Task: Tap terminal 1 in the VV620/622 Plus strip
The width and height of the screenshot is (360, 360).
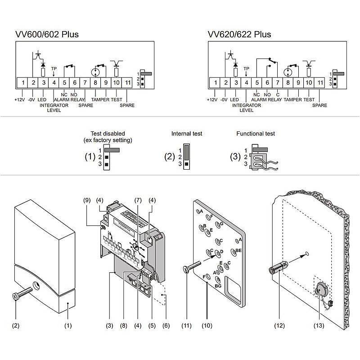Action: tap(215, 83)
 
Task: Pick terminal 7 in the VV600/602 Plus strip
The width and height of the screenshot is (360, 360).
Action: tap(85, 83)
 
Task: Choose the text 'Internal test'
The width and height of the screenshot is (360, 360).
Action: tap(186, 134)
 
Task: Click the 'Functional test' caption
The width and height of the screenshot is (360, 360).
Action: tap(255, 134)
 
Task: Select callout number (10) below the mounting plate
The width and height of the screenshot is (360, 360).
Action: tap(207, 325)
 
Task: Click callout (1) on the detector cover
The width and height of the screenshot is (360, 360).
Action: tap(68, 325)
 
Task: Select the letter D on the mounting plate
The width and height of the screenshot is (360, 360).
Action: tap(221, 251)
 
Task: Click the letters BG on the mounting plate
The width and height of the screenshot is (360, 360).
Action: tap(218, 285)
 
